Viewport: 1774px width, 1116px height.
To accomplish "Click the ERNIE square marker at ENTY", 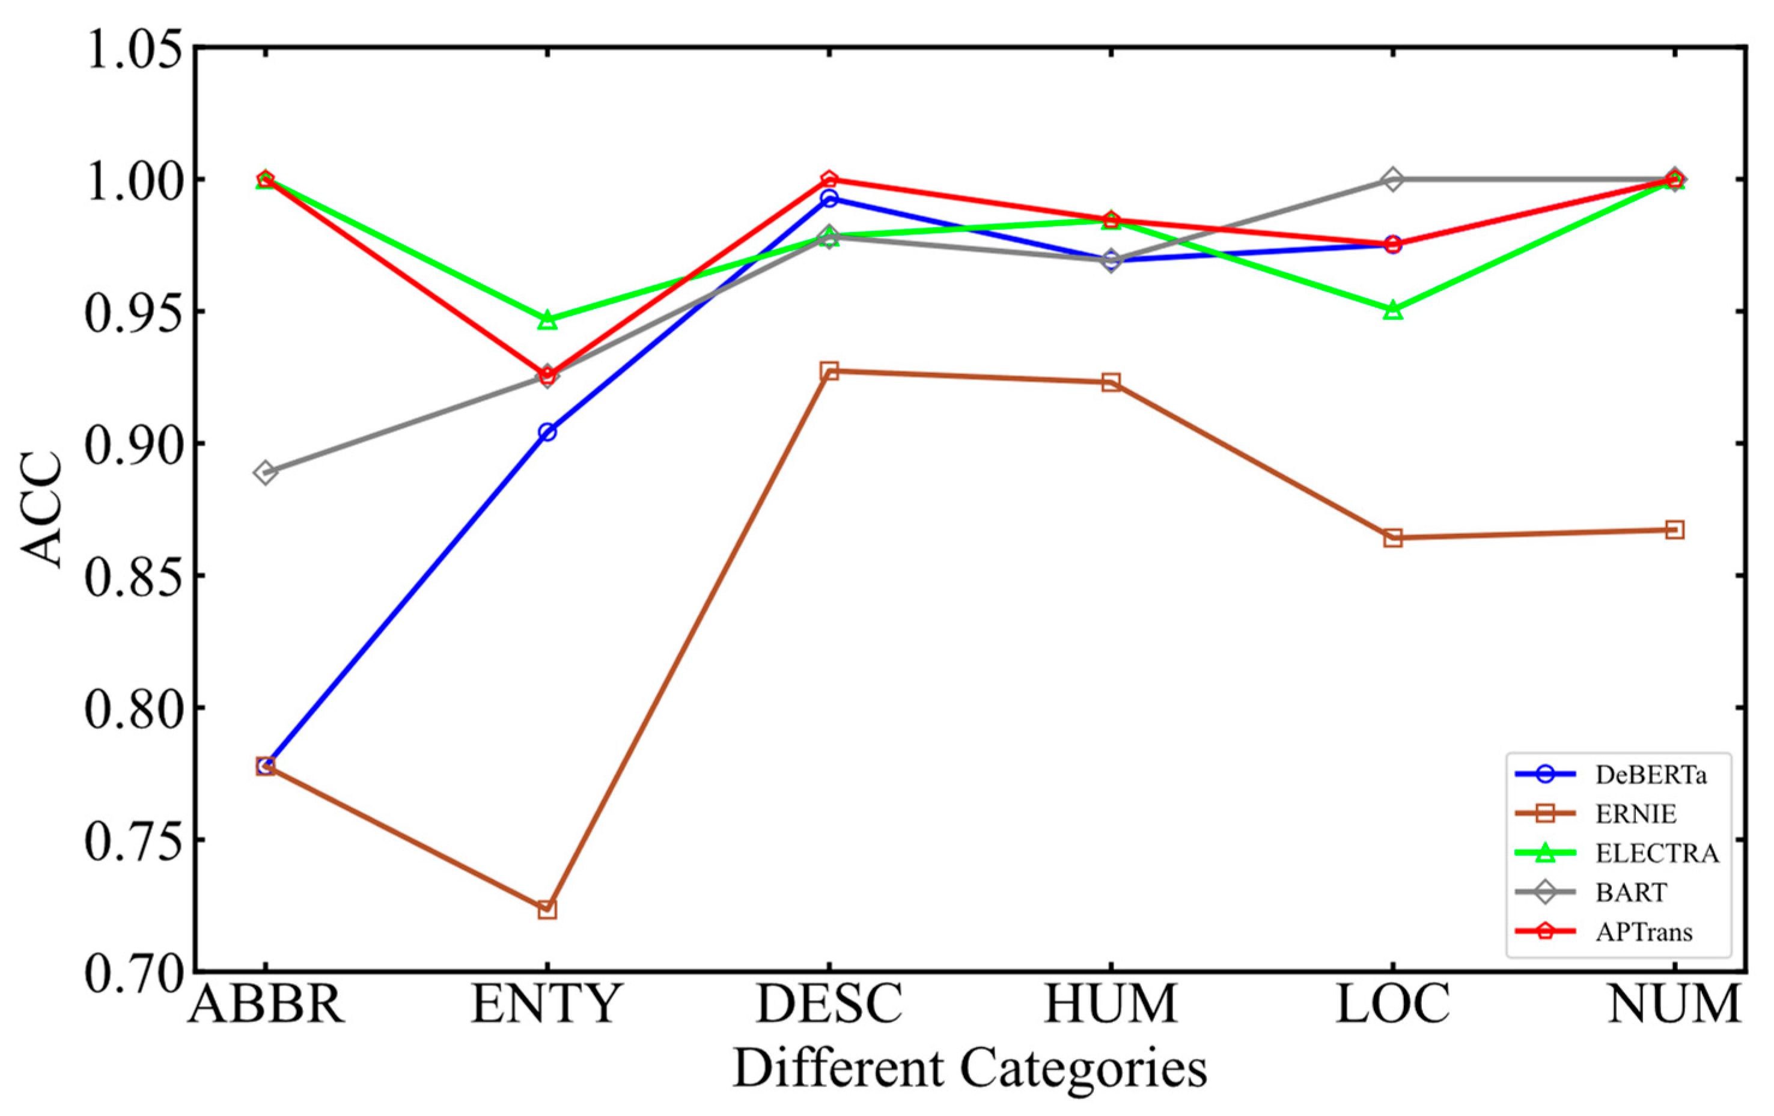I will [547, 910].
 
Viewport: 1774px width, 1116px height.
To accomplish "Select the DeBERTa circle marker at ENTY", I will [547, 431].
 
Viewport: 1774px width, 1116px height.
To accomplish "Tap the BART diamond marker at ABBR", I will [266, 471].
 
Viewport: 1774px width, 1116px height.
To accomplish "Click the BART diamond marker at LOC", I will [1392, 179].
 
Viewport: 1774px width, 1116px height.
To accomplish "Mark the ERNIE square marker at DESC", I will [829, 371].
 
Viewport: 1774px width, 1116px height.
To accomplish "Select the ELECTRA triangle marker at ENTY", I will [547, 320].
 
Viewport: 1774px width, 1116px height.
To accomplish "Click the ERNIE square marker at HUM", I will [1111, 382].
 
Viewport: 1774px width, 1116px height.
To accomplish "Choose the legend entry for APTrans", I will [1644, 932].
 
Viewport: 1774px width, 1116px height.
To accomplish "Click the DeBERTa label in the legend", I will [1650, 774].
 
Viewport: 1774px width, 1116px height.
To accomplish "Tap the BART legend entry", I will [1631, 892].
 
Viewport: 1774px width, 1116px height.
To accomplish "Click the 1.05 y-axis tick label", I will [133, 49].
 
